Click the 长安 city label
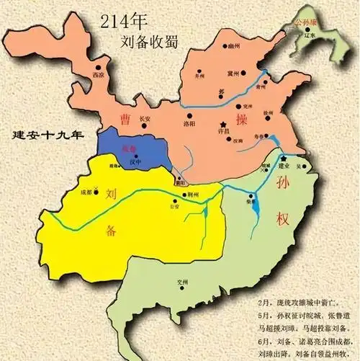click(145, 117)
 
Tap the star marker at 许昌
click(225, 125)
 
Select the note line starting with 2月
click(303, 297)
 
